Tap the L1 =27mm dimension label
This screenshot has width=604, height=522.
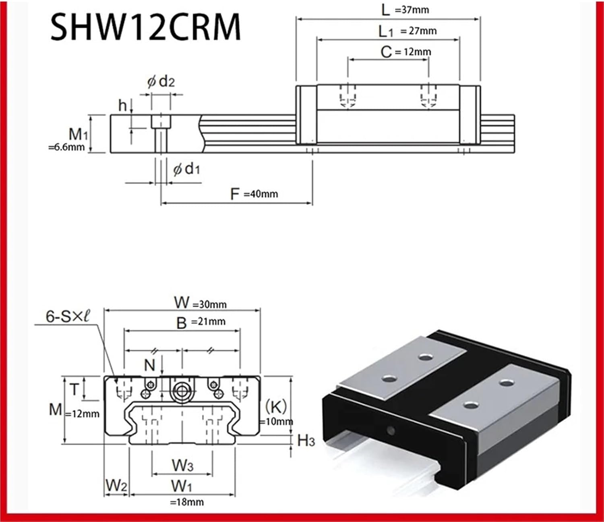[407, 31]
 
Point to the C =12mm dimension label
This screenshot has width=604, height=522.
[406, 52]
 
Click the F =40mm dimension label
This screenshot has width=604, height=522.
[254, 194]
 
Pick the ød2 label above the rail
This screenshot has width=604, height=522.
[161, 82]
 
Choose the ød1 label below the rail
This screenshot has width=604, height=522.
[186, 169]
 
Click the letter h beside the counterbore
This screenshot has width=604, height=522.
[122, 105]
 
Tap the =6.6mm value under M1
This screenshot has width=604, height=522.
[66, 147]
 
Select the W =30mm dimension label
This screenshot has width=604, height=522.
[200, 303]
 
